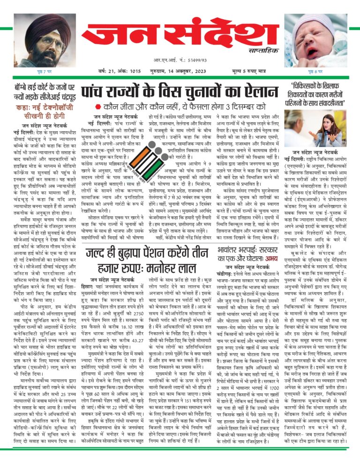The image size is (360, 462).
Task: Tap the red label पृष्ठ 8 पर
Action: tap(315, 72)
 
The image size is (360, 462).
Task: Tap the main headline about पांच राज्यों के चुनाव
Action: tap(180, 92)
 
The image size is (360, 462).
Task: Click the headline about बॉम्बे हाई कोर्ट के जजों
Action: tap(45, 92)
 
